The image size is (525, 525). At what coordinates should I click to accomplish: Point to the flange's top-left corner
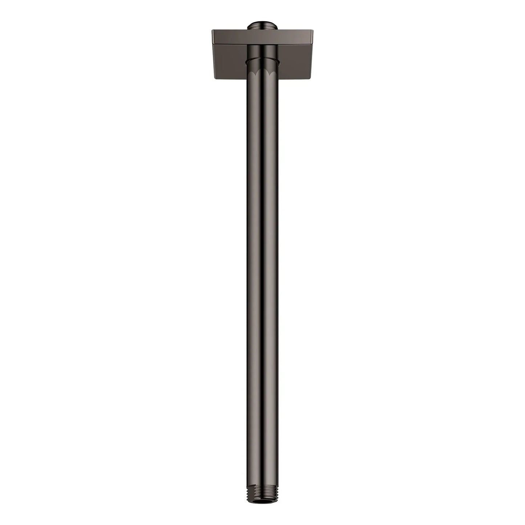[212, 31]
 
